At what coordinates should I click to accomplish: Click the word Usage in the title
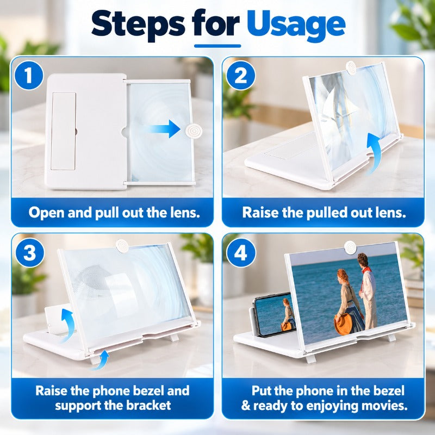tap(296, 26)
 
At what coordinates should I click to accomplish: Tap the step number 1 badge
tap(29, 75)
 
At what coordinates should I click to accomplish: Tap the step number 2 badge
tap(240, 75)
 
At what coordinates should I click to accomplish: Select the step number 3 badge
tap(30, 253)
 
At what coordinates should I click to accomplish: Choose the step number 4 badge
tap(240, 253)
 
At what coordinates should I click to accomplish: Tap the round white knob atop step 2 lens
tap(351, 67)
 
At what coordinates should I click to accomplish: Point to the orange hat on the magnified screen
tap(344, 325)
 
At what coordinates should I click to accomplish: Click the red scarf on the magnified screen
tap(366, 269)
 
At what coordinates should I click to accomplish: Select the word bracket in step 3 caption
tap(148, 405)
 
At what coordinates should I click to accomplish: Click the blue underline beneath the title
tap(217, 46)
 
